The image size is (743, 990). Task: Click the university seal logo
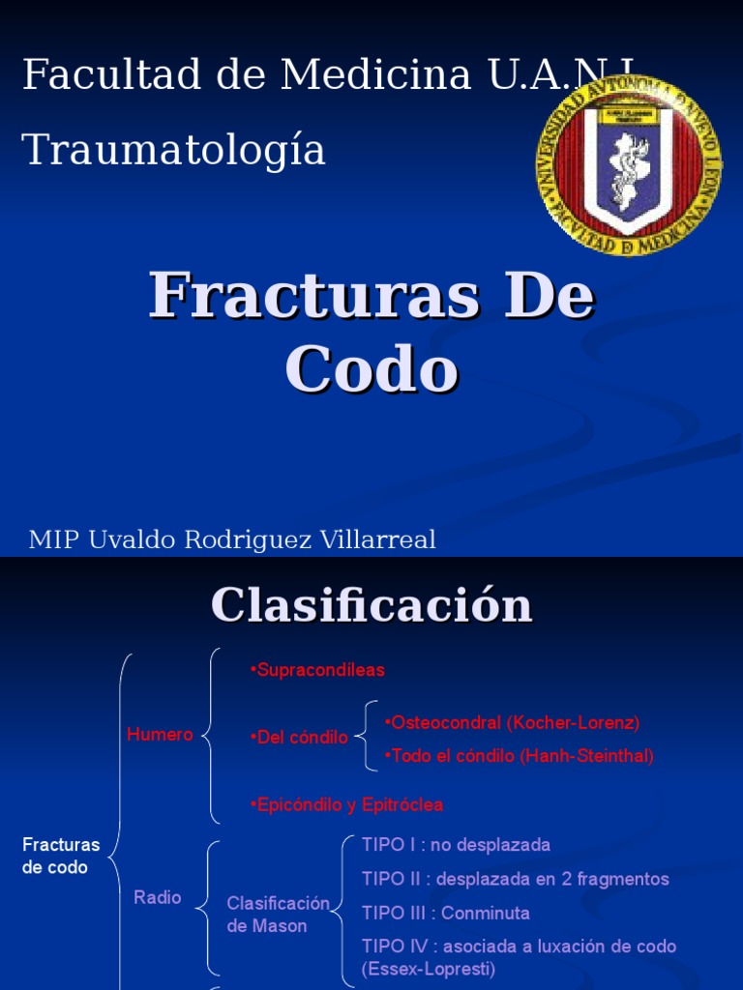coord(629,165)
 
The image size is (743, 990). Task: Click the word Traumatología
coord(174,150)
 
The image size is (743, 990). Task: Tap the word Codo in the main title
coord(371,369)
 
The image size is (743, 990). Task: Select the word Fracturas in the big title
coord(314,295)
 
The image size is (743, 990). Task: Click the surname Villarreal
coord(377,539)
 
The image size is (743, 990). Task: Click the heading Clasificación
coord(371,605)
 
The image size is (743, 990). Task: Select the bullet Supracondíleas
coord(317,670)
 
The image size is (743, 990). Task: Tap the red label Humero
coord(160,735)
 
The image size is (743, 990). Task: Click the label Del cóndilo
coord(299,738)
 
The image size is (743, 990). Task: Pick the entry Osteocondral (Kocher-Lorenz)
coord(512,723)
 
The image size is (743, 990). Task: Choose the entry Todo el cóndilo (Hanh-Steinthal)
coord(519,756)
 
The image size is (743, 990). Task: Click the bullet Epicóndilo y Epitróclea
coord(346,804)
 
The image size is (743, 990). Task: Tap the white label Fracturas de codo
coord(61,857)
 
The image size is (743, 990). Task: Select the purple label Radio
coord(158,897)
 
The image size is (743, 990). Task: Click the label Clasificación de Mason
coord(278,915)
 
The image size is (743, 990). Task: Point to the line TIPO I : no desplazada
coord(456,845)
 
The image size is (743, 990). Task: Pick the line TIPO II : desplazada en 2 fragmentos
coord(515,879)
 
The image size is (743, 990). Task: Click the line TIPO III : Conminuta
coord(445,913)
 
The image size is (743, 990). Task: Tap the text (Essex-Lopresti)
coord(429,969)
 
